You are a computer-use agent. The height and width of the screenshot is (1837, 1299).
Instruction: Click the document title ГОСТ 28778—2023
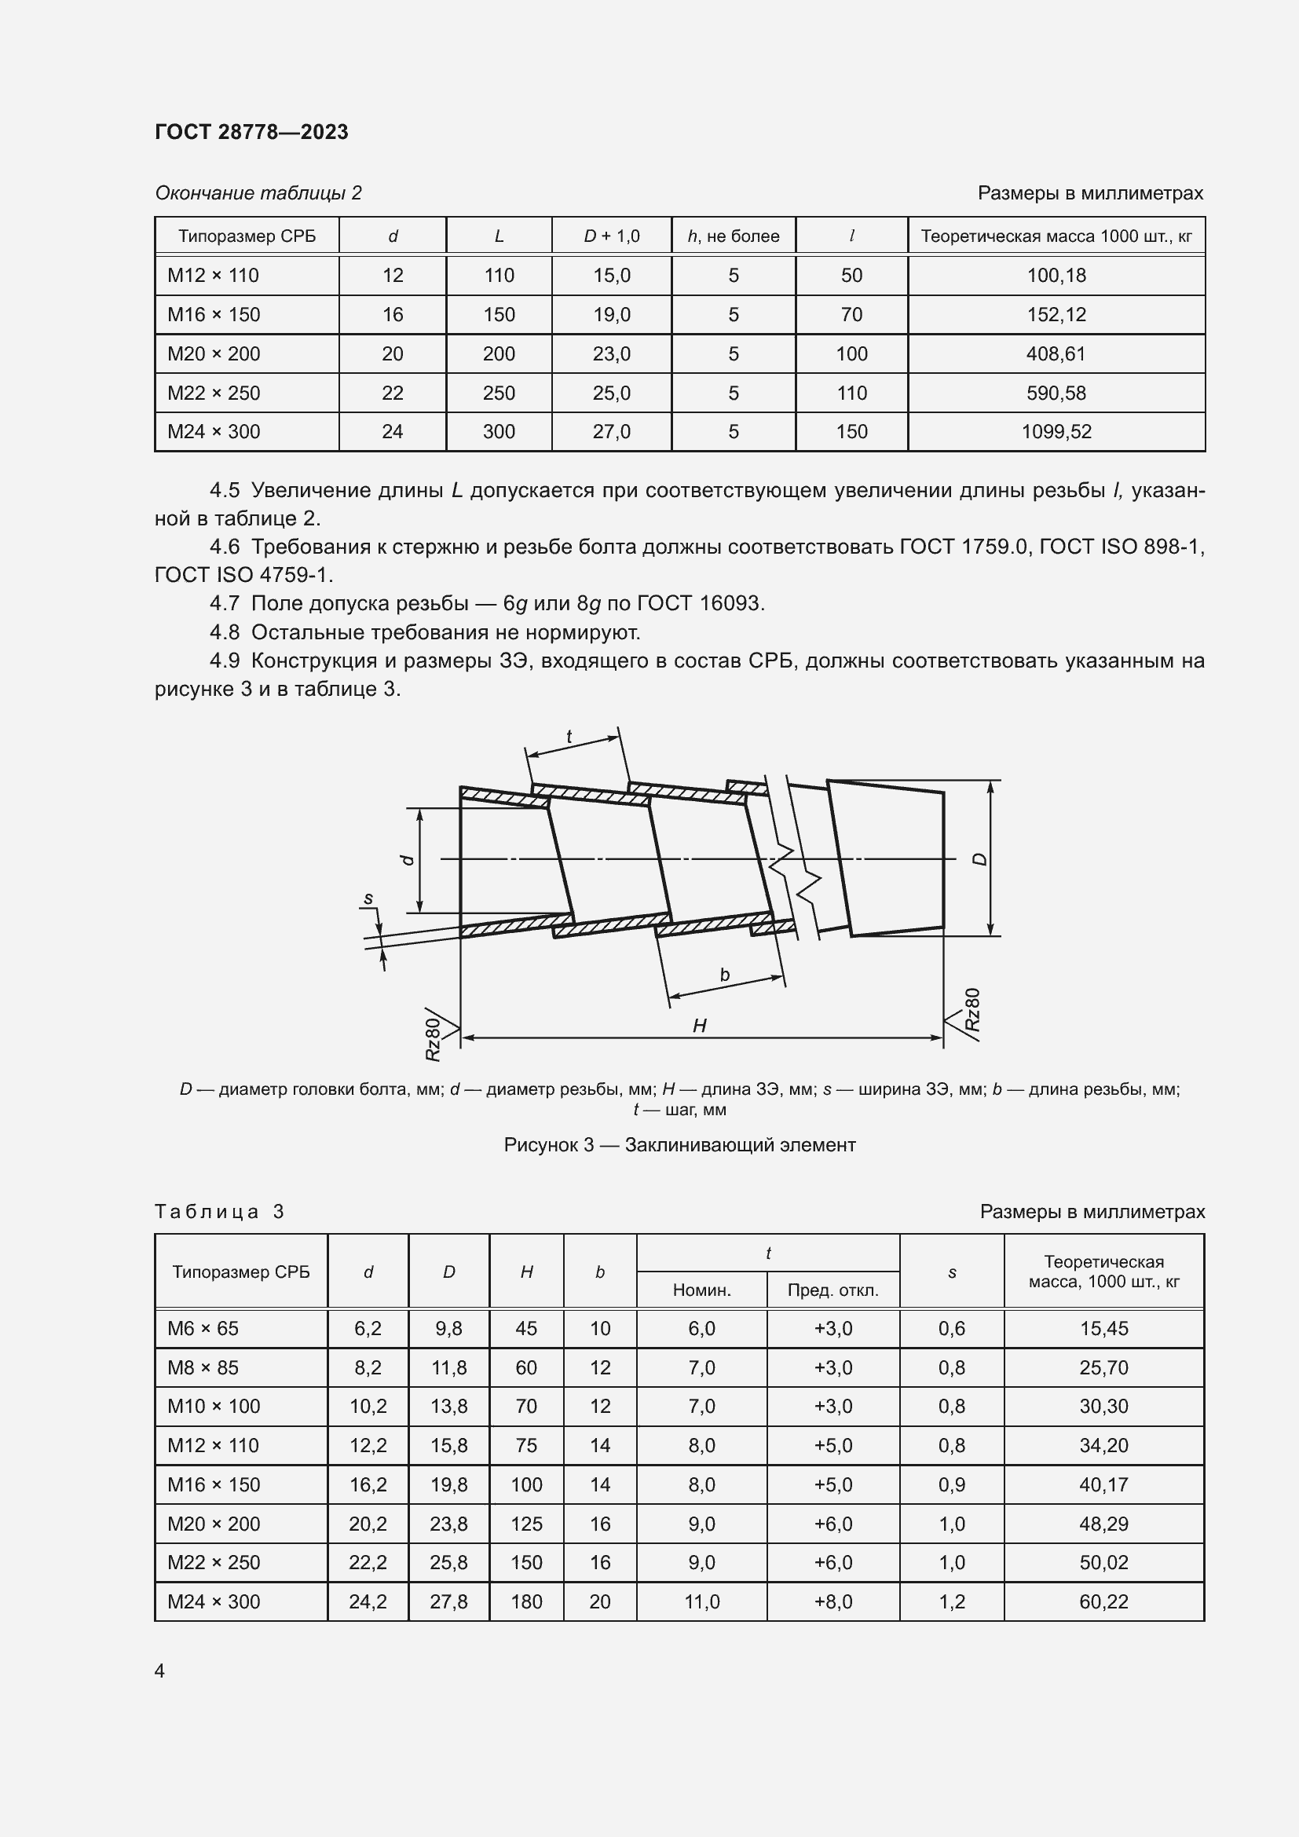251,132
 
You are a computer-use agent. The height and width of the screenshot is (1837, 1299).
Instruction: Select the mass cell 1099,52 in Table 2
1056,432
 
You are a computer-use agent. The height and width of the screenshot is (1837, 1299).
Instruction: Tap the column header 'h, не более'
733,236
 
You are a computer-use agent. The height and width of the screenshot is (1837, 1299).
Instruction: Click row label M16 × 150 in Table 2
214,314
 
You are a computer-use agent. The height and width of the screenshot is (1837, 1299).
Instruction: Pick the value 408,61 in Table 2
1056,353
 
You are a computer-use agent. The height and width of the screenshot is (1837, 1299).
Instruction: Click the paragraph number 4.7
224,603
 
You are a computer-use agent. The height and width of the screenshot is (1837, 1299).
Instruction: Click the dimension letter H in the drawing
699,1026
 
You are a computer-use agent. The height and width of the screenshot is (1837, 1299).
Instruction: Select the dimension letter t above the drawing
569,737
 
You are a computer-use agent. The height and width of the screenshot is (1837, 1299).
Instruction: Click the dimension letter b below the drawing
725,975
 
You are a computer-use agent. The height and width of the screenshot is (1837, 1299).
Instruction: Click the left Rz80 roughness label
433,1038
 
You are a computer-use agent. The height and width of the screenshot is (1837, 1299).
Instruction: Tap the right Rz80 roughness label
972,1010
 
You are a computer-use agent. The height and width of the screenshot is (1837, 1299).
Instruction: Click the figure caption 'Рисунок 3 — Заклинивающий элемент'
679,1145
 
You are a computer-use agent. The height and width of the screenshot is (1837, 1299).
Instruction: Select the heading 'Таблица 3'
219,1211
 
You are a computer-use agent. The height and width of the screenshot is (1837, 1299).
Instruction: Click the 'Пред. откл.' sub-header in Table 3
832,1290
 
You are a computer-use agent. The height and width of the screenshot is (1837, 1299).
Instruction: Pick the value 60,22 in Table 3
1103,1601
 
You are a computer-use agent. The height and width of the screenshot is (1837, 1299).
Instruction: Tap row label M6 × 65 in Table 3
203,1328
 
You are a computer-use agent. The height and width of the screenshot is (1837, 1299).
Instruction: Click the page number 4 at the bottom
159,1671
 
